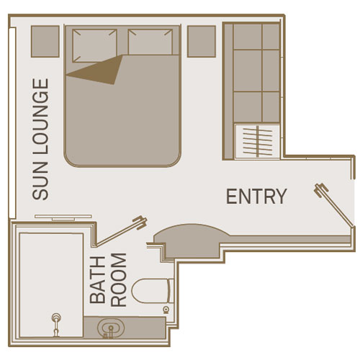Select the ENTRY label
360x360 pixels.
pos(256,197)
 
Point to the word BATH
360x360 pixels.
pos(97,280)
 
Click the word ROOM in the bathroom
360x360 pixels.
pos(119,280)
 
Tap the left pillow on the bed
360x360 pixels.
pos(95,45)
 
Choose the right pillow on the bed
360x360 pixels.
pos(150,42)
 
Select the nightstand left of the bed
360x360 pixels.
pos(45,41)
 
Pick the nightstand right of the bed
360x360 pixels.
pos(202,41)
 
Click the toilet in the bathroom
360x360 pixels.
pos(153,291)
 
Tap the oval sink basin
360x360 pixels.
pos(111,328)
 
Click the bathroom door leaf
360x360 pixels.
pos(120,231)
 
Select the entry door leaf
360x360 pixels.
pos(333,204)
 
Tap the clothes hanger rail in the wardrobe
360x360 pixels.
pos(257,141)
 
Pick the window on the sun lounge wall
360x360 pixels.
pos(12,122)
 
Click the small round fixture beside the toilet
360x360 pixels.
pos(166,310)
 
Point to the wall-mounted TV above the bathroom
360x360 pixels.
pos(63,217)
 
